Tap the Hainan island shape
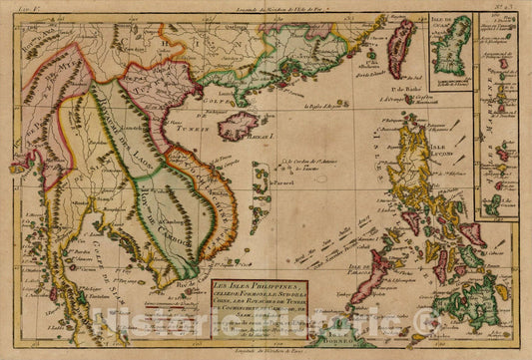pos(238,126)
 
